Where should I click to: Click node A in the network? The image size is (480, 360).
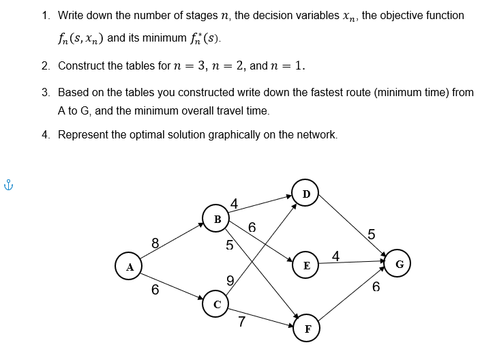coord(129,267)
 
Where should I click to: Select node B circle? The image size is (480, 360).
coord(217,219)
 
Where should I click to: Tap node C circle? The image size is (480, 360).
coord(216,304)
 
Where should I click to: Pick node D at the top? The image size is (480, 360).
coord(306,193)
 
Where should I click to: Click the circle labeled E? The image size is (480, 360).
coord(306,265)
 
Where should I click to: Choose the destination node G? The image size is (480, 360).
coord(400,263)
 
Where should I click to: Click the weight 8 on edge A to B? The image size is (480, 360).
coord(155,242)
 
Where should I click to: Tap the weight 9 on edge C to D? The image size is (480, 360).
coord(230,279)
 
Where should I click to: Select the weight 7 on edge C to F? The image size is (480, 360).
coord(241,322)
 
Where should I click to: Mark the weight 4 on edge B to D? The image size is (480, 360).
coord(234,202)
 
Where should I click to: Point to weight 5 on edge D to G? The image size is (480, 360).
coord(371,235)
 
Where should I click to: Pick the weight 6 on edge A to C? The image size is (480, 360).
coord(155,290)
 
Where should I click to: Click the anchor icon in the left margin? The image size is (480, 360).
coord(8,184)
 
